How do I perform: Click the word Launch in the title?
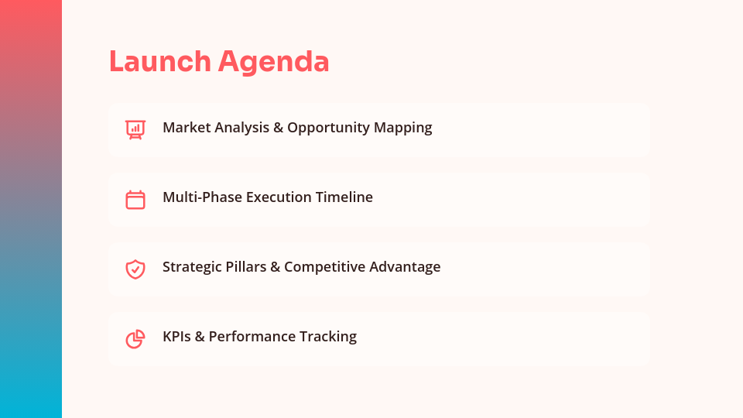(x=159, y=62)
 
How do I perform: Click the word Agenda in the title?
(x=273, y=62)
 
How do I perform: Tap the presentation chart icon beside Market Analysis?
(x=135, y=129)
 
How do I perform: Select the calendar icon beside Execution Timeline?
(x=135, y=199)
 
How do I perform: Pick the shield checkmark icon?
(x=135, y=269)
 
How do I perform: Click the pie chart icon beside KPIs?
(x=135, y=338)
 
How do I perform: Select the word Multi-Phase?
(x=202, y=197)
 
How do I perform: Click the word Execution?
(x=279, y=197)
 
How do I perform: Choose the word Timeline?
(x=344, y=197)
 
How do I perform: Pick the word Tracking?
(x=329, y=337)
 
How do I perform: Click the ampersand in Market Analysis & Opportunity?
(x=278, y=128)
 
